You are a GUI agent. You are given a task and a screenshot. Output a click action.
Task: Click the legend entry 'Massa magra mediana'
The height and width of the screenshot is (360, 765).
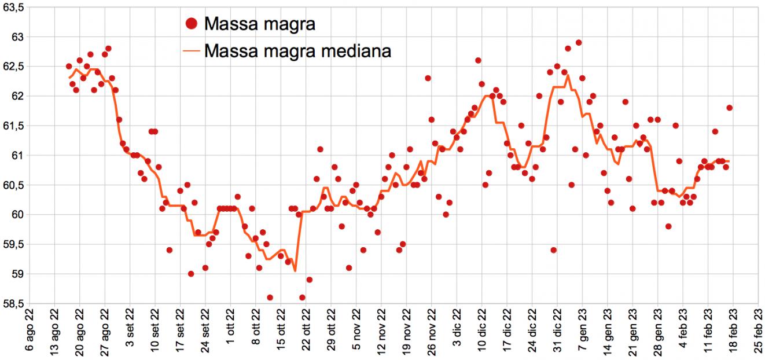coord(298,50)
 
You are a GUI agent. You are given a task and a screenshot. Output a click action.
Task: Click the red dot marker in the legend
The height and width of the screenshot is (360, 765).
coord(193,24)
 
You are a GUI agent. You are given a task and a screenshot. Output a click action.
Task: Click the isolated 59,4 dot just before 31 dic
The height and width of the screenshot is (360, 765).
coord(554,250)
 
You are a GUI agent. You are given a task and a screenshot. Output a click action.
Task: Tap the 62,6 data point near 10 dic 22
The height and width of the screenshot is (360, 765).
coord(478,60)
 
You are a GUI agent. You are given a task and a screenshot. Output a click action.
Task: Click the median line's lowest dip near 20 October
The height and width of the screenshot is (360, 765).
coord(295,270)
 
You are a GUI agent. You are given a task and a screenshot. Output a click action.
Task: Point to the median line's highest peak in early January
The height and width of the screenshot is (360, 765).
coord(568,75)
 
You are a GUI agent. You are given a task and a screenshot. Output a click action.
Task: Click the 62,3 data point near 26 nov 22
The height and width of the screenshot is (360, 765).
coord(428,78)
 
